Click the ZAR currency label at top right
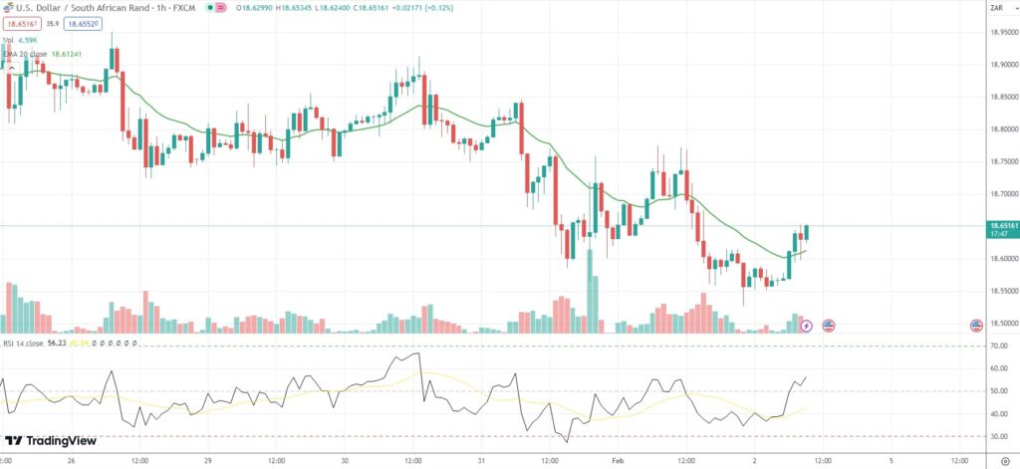[x=995, y=9]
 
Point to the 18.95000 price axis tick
[x=1001, y=32]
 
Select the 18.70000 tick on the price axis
[x=1001, y=194]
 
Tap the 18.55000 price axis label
[x=1001, y=291]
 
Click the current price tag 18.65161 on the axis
[x=1001, y=226]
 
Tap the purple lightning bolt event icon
[x=806, y=326]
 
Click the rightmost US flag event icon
[x=981, y=326]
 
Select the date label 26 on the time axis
[x=71, y=461]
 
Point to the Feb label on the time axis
[x=617, y=461]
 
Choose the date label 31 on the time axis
[x=480, y=461]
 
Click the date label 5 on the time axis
[x=891, y=461]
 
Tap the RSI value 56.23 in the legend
[x=57, y=343]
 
